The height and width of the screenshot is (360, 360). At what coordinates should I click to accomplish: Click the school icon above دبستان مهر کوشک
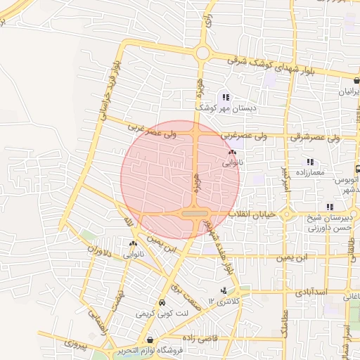coord(224,98)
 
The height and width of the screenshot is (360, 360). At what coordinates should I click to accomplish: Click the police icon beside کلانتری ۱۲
coord(224,290)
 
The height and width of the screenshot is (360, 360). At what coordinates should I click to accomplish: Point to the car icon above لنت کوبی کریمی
coord(163,303)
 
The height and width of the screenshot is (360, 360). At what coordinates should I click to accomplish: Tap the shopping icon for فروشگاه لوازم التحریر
coord(150,340)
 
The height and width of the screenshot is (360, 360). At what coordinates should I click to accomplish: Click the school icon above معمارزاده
coord(310,162)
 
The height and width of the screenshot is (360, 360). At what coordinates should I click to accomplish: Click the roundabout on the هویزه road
coord(203,53)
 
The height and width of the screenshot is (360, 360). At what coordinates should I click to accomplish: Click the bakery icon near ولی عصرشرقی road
coord(233,152)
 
